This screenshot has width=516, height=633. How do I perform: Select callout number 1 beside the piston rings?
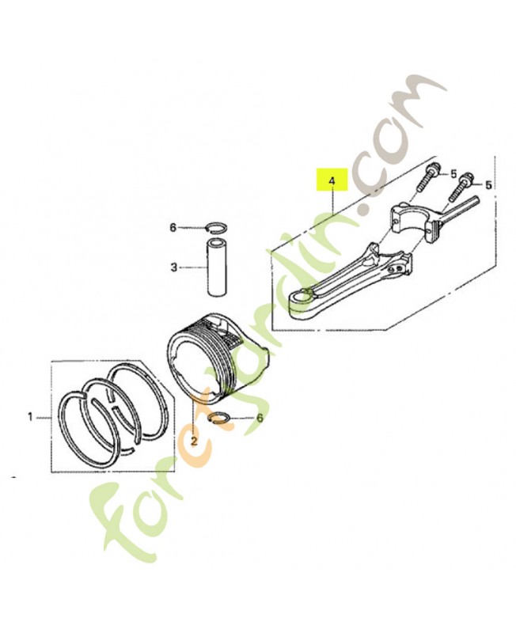coord(31,416)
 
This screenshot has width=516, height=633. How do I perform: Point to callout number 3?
coord(173,268)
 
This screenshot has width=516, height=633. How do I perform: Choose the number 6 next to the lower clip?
coord(259,417)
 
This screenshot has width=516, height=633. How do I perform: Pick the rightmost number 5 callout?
coord(489,184)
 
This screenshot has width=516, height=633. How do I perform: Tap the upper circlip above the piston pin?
coord(216,228)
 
